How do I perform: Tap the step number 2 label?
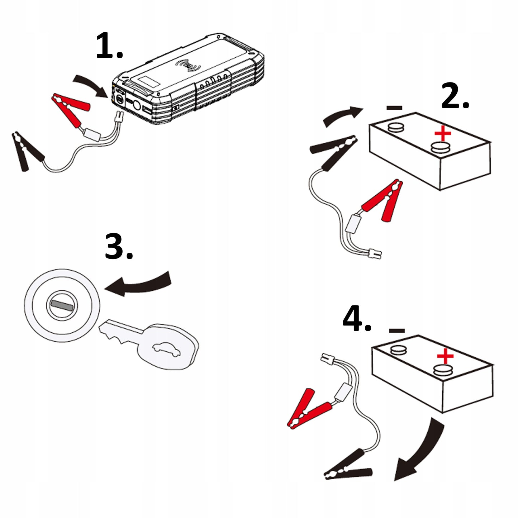tap(455, 96)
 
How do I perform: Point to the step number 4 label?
tap(356, 319)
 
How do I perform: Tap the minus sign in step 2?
tap(394, 107)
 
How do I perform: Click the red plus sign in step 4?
tap(445, 357)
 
